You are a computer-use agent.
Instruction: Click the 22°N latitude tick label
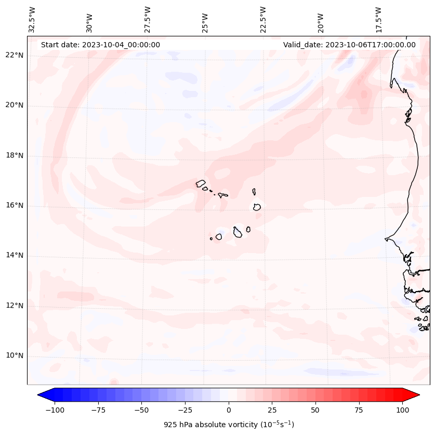pyautogui.click(x=15, y=56)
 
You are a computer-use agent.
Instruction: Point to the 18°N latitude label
pyautogui.click(x=15, y=155)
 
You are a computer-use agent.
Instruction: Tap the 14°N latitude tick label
pyautogui.click(x=15, y=255)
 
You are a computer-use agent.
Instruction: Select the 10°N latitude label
pyautogui.click(x=15, y=355)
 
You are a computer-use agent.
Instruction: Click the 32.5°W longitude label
pyautogui.click(x=33, y=19)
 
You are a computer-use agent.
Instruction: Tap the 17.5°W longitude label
pyautogui.click(x=378, y=19)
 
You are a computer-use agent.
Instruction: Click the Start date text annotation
pyautogui.click(x=100, y=45)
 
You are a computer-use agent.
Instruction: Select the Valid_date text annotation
pyautogui.click(x=349, y=45)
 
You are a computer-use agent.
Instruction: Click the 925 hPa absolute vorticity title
pyautogui.click(x=229, y=425)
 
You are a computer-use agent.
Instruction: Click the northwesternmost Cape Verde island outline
pyautogui.click(x=201, y=183)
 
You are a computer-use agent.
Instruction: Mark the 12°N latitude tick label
pyautogui.click(x=15, y=306)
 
